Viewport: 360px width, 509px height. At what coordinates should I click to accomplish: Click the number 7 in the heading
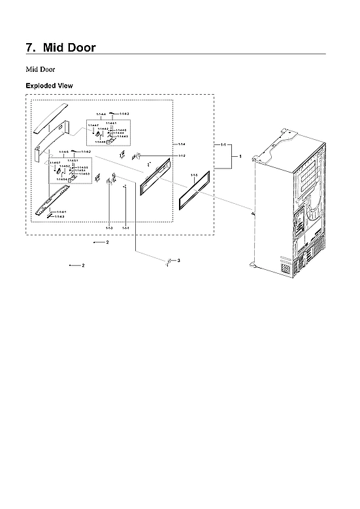29,48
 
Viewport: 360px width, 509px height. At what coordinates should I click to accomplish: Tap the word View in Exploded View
65,86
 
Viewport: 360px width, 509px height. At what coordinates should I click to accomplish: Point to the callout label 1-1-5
194,175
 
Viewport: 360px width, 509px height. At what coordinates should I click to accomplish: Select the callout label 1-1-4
181,144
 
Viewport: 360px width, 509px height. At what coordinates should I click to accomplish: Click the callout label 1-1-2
182,156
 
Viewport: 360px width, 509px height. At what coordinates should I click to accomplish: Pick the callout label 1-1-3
109,227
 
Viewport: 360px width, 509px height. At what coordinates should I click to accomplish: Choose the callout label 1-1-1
125,227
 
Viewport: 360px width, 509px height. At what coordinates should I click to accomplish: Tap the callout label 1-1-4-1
61,212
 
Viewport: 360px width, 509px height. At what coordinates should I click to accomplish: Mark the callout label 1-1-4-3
60,216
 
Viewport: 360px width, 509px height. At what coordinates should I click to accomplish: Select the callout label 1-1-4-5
64,152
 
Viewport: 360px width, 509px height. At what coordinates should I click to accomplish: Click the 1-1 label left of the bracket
223,144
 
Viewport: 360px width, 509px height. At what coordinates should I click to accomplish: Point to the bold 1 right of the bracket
240,157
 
